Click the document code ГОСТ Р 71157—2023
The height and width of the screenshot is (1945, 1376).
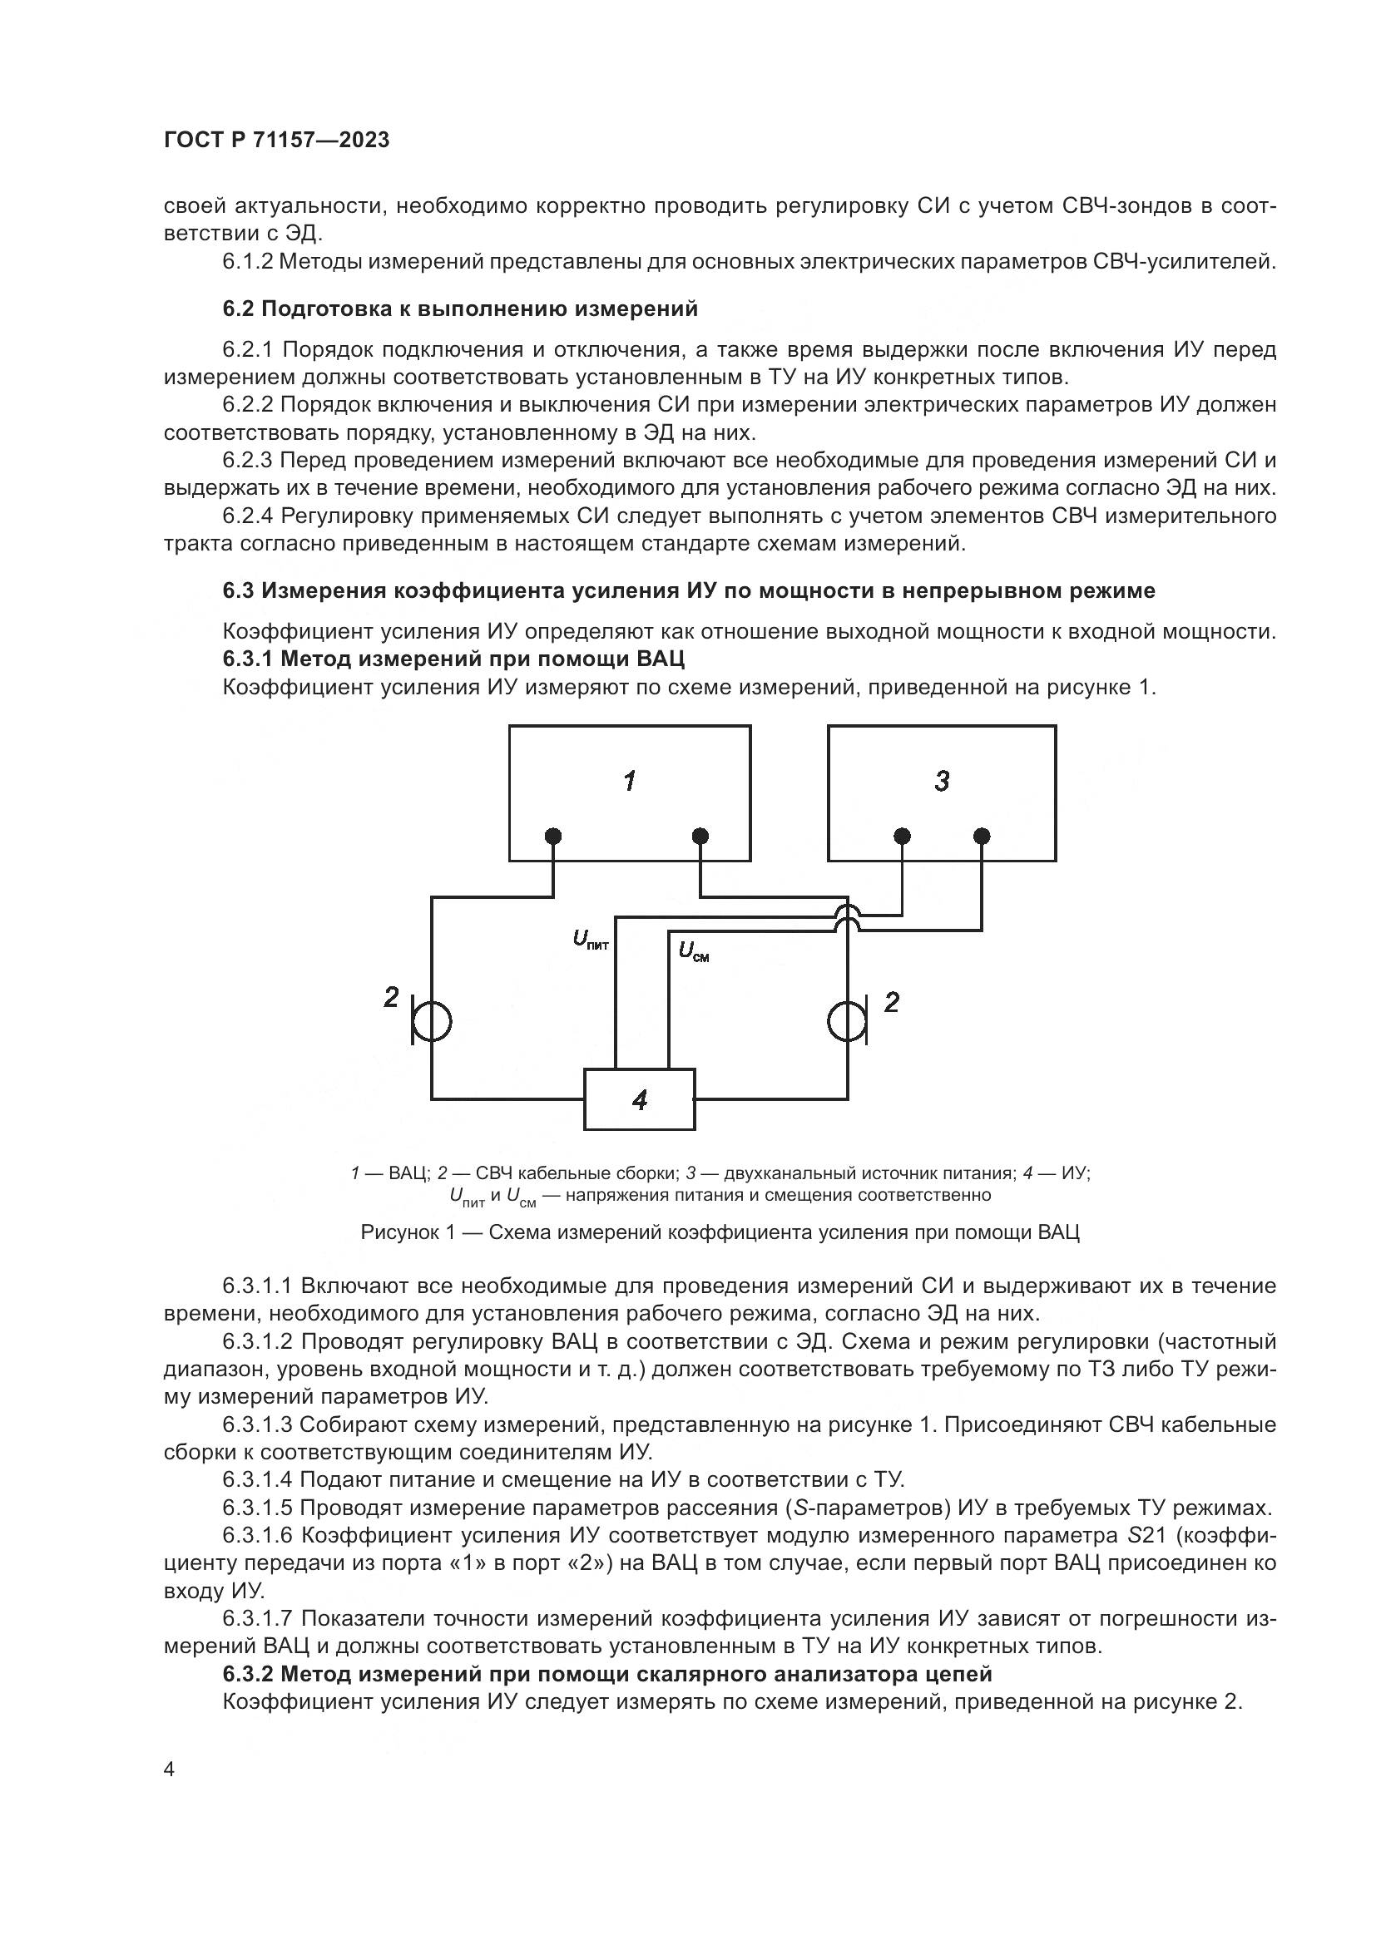[x=276, y=141]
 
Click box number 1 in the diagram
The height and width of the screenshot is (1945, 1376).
[x=630, y=793]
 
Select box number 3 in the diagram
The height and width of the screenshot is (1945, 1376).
[x=942, y=793]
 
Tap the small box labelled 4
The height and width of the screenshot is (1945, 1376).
[x=640, y=1099]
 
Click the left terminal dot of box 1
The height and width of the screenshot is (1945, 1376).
[x=553, y=836]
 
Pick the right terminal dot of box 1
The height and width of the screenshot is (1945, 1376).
[x=700, y=836]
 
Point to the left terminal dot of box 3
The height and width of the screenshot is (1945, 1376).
[x=903, y=836]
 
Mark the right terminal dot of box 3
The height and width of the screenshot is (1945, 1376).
[x=982, y=836]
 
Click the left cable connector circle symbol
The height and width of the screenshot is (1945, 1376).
[x=432, y=1022]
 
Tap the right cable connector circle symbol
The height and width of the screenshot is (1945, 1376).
[x=845, y=1022]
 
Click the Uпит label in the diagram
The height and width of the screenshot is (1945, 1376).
[x=591, y=940]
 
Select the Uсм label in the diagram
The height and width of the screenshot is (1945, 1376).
[x=693, y=952]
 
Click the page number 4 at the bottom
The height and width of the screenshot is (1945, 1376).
[x=170, y=1770]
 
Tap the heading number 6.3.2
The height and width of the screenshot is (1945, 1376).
[x=247, y=1674]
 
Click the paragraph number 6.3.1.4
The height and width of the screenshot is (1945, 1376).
[x=258, y=1480]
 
